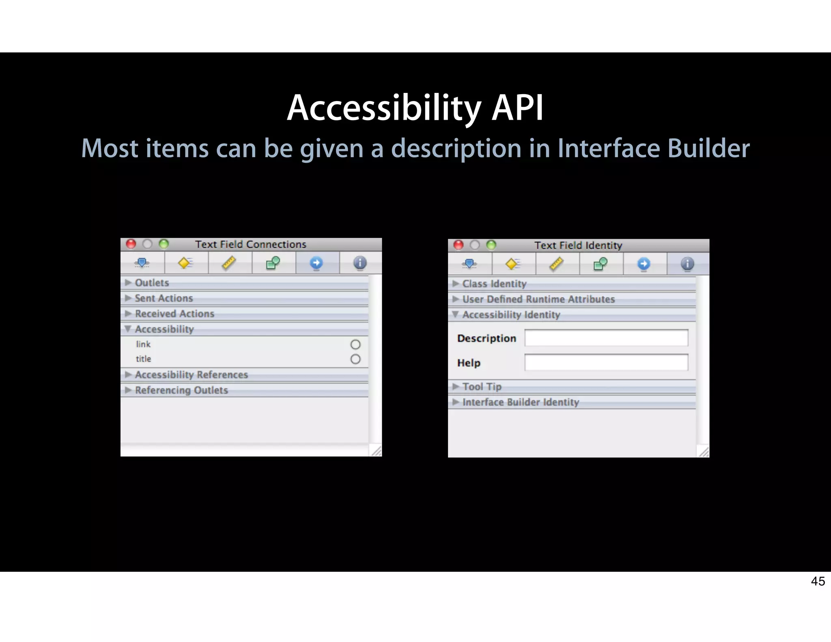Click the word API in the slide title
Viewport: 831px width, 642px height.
(x=517, y=108)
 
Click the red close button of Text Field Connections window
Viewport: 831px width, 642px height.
(x=131, y=244)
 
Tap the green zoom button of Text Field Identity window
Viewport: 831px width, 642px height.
(x=491, y=245)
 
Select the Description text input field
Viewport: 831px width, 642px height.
(x=606, y=338)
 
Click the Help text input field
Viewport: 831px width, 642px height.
(x=606, y=362)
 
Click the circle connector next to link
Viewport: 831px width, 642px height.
(x=355, y=345)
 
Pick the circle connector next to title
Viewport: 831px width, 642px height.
(x=355, y=359)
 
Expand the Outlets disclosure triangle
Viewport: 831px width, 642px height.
(x=128, y=282)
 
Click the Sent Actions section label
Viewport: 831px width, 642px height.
(x=164, y=298)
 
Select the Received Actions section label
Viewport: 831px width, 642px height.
(x=174, y=314)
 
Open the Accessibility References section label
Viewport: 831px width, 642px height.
(x=191, y=375)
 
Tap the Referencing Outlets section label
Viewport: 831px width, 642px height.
(x=181, y=390)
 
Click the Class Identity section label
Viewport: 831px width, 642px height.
(x=494, y=284)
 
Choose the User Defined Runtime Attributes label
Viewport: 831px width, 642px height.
(x=538, y=299)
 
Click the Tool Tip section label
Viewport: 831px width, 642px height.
(x=482, y=387)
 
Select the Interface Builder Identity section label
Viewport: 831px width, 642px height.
(x=521, y=402)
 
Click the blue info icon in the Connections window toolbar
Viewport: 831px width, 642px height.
(x=360, y=263)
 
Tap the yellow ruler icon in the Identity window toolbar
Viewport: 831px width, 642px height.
(x=556, y=264)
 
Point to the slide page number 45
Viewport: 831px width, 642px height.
(x=818, y=581)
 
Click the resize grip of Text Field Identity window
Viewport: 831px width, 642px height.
(x=704, y=452)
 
